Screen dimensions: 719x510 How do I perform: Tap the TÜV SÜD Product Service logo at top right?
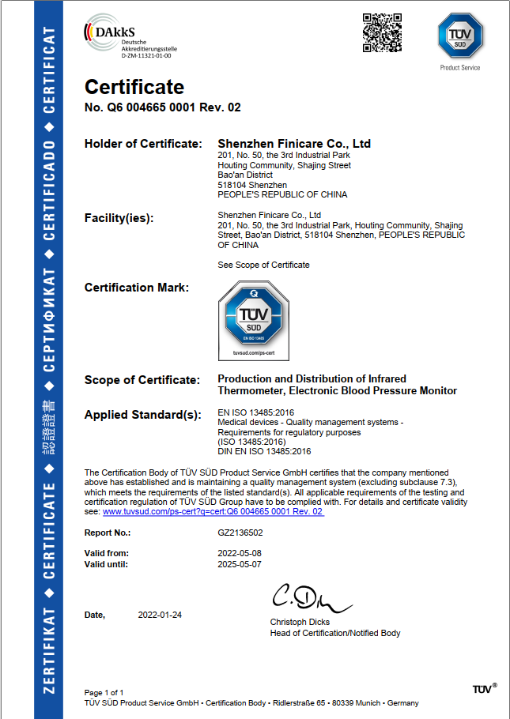[459, 37]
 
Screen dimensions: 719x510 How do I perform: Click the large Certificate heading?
[134, 87]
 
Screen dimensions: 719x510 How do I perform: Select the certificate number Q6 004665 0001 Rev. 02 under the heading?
[162, 107]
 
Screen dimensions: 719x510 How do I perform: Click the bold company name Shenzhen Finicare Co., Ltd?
[294, 144]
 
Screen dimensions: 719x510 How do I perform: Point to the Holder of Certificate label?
[143, 144]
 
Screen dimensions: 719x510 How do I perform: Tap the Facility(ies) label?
[119, 218]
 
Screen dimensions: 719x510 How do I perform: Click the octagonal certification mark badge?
[253, 314]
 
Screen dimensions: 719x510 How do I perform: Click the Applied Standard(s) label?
[143, 415]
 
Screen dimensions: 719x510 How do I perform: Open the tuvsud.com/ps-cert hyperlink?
[213, 512]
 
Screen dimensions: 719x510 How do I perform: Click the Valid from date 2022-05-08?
[240, 553]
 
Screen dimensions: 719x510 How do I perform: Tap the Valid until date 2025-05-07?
[240, 564]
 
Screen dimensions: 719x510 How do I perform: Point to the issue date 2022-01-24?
[160, 615]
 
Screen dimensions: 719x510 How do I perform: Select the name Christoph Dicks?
[300, 622]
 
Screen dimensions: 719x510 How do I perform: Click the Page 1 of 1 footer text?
[104, 692]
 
